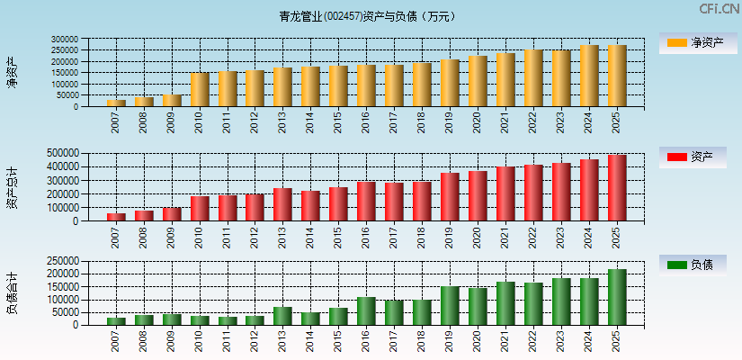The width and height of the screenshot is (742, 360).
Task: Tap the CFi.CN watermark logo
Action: tap(720, 9)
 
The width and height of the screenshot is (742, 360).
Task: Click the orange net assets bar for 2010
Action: tap(200, 90)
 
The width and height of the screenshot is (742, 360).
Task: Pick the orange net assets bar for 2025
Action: tap(616, 76)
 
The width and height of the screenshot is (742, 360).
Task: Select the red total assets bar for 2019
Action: tap(450, 197)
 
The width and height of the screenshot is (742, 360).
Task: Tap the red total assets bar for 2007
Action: tap(116, 217)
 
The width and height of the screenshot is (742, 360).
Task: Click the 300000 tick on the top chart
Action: tap(64, 40)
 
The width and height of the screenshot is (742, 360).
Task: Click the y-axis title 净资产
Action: tap(12, 72)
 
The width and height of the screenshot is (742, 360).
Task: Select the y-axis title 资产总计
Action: tap(12, 186)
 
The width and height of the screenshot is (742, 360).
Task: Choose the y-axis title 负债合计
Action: tap(12, 292)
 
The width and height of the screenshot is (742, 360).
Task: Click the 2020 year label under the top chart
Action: tap(478, 122)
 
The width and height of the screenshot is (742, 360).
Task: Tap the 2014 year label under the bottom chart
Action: tap(310, 341)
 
